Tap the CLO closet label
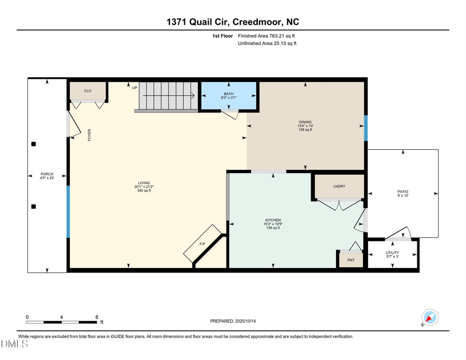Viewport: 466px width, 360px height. click(88, 91)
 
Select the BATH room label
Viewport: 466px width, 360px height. click(228, 94)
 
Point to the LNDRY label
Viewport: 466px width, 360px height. click(339, 186)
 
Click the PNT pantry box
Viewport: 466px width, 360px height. click(351, 260)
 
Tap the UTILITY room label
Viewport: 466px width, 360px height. click(392, 253)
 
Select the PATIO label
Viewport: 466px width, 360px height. click(402, 192)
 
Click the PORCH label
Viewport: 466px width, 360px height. click(47, 174)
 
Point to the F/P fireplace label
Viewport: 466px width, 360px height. click(202, 244)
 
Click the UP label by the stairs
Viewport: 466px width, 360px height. click(135, 88)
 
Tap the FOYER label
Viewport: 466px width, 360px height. click(89, 135)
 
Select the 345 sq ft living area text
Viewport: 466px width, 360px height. click(143, 191)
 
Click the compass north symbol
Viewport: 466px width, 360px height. click(430, 317)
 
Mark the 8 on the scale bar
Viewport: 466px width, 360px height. click(97, 317)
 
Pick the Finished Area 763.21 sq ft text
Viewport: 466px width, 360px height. click(267, 36)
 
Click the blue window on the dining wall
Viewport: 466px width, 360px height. click(366, 127)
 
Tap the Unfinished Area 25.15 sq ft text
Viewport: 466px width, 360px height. click(267, 44)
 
